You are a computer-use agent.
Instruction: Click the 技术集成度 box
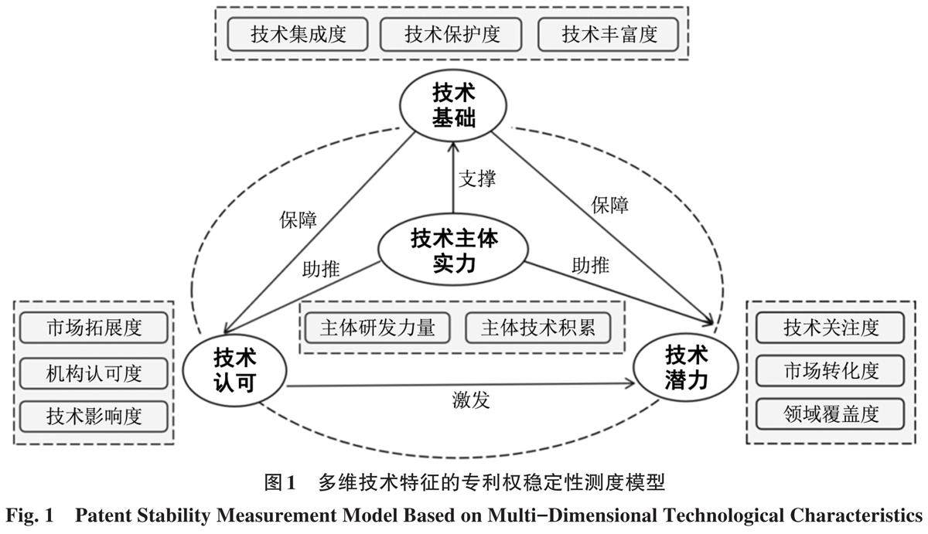pos(298,35)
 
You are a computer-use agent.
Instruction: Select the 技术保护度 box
pos(451,35)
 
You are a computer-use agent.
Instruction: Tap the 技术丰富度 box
pos(608,35)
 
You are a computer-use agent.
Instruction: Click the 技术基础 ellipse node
pos(452,107)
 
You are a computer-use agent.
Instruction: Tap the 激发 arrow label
pos(471,400)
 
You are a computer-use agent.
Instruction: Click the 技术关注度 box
pos(831,328)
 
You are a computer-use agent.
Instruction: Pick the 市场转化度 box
pos(831,370)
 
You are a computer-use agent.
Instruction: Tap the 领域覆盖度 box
pos(831,413)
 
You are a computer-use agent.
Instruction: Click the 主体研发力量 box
pos(378,328)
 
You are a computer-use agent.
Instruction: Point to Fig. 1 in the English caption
pos(29,515)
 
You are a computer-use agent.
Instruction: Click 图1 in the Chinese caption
pos(280,484)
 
